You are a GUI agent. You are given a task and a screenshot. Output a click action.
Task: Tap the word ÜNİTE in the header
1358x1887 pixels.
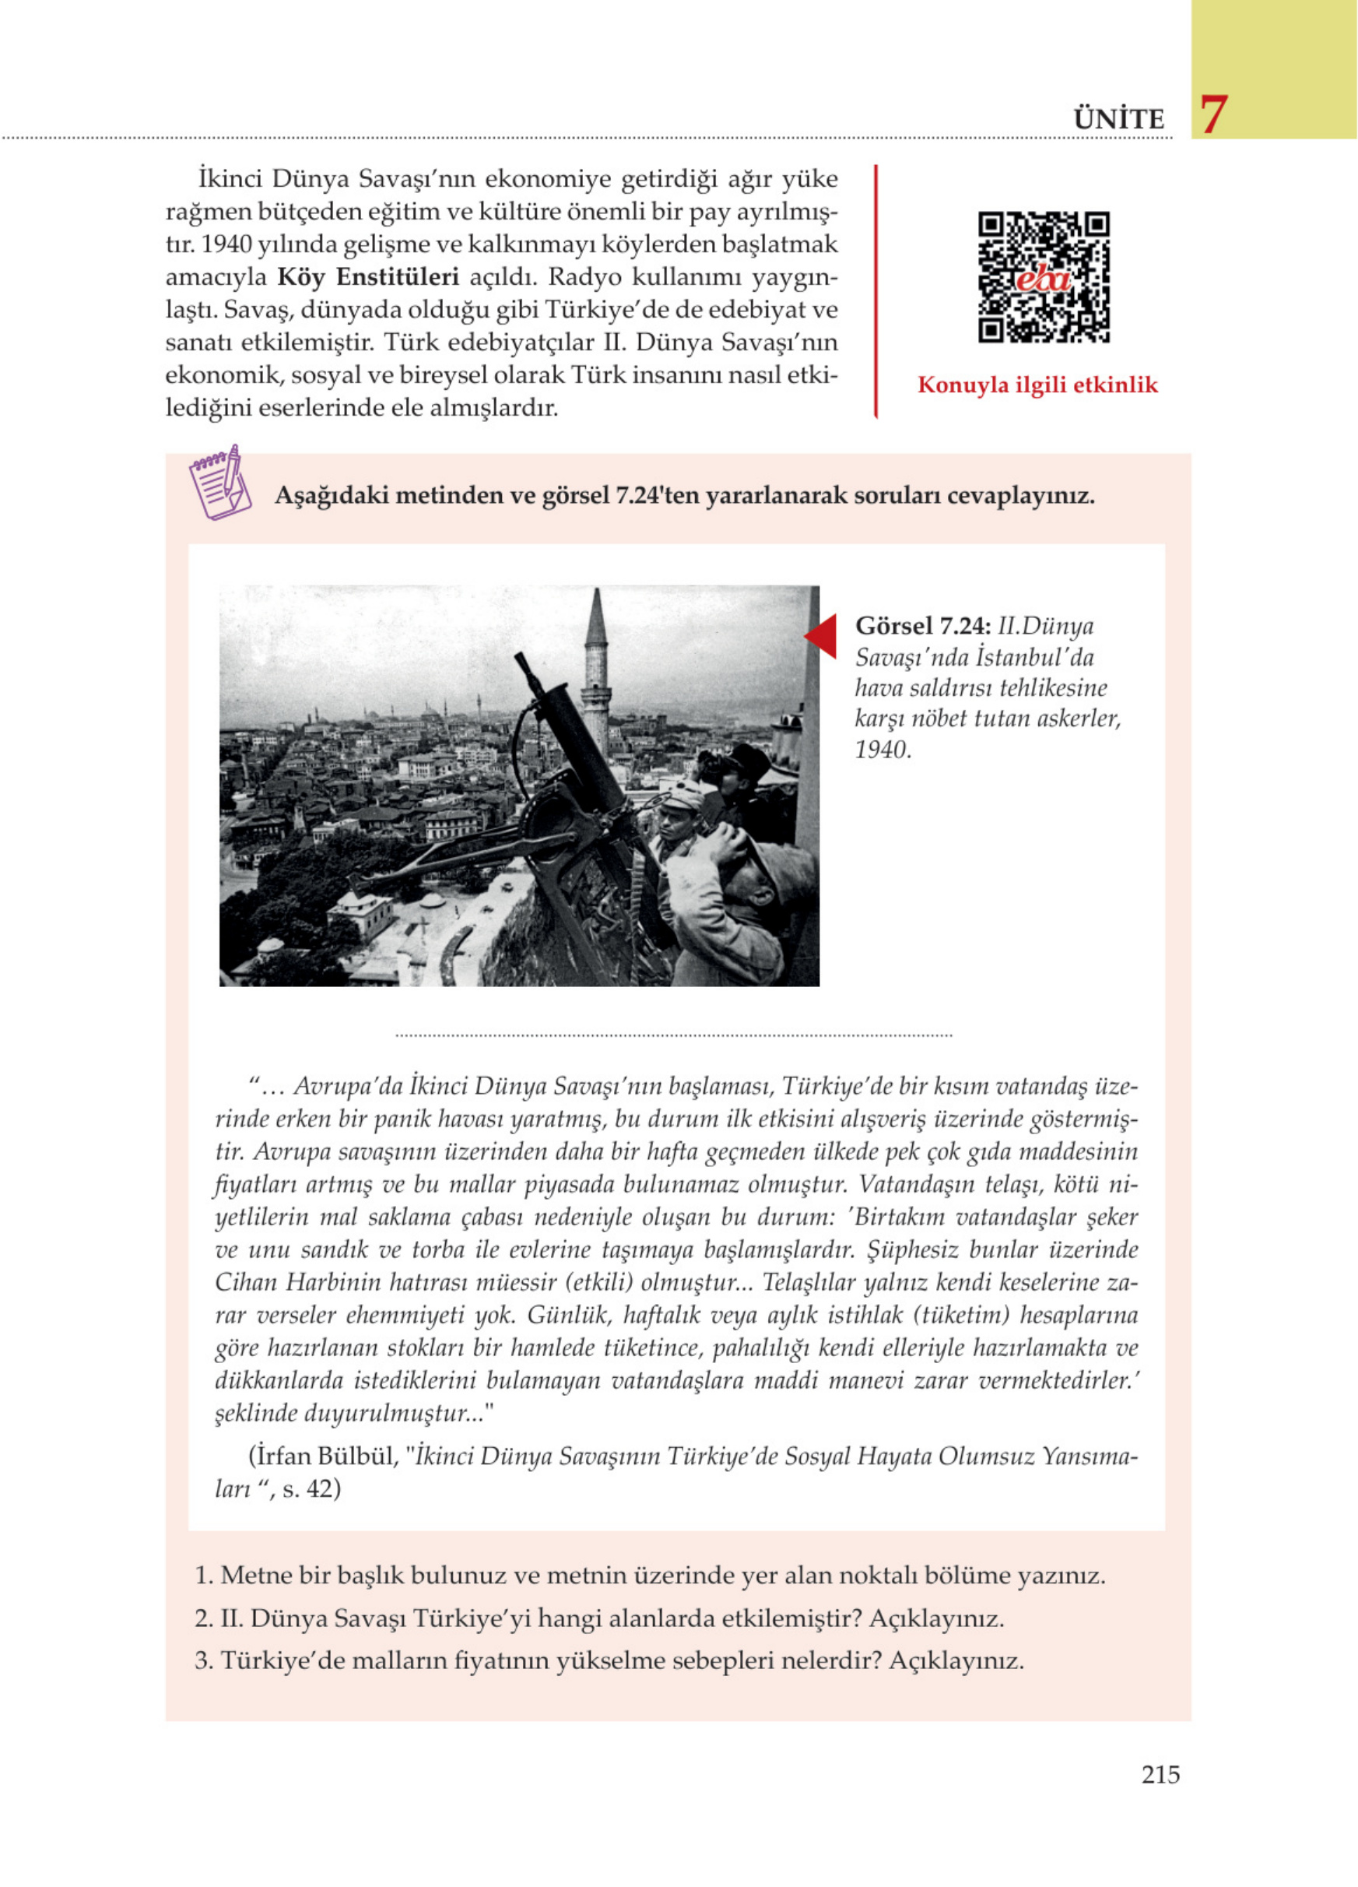click(1118, 119)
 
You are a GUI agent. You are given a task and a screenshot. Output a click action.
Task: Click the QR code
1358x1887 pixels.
click(1043, 277)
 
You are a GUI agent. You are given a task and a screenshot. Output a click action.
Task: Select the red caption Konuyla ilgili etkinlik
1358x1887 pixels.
click(1037, 385)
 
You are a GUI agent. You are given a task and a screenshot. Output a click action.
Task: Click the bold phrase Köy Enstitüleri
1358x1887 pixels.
click(367, 277)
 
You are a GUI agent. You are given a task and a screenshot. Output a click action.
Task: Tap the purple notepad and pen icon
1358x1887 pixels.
click(219, 483)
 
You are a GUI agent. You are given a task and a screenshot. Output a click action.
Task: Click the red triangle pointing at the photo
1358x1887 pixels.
click(822, 637)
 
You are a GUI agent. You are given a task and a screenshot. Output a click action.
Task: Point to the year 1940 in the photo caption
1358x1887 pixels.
click(882, 750)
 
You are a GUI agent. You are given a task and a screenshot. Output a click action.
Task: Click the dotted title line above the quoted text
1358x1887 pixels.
click(674, 1036)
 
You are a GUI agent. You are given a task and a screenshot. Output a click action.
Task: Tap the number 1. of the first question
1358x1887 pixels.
click(204, 1575)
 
